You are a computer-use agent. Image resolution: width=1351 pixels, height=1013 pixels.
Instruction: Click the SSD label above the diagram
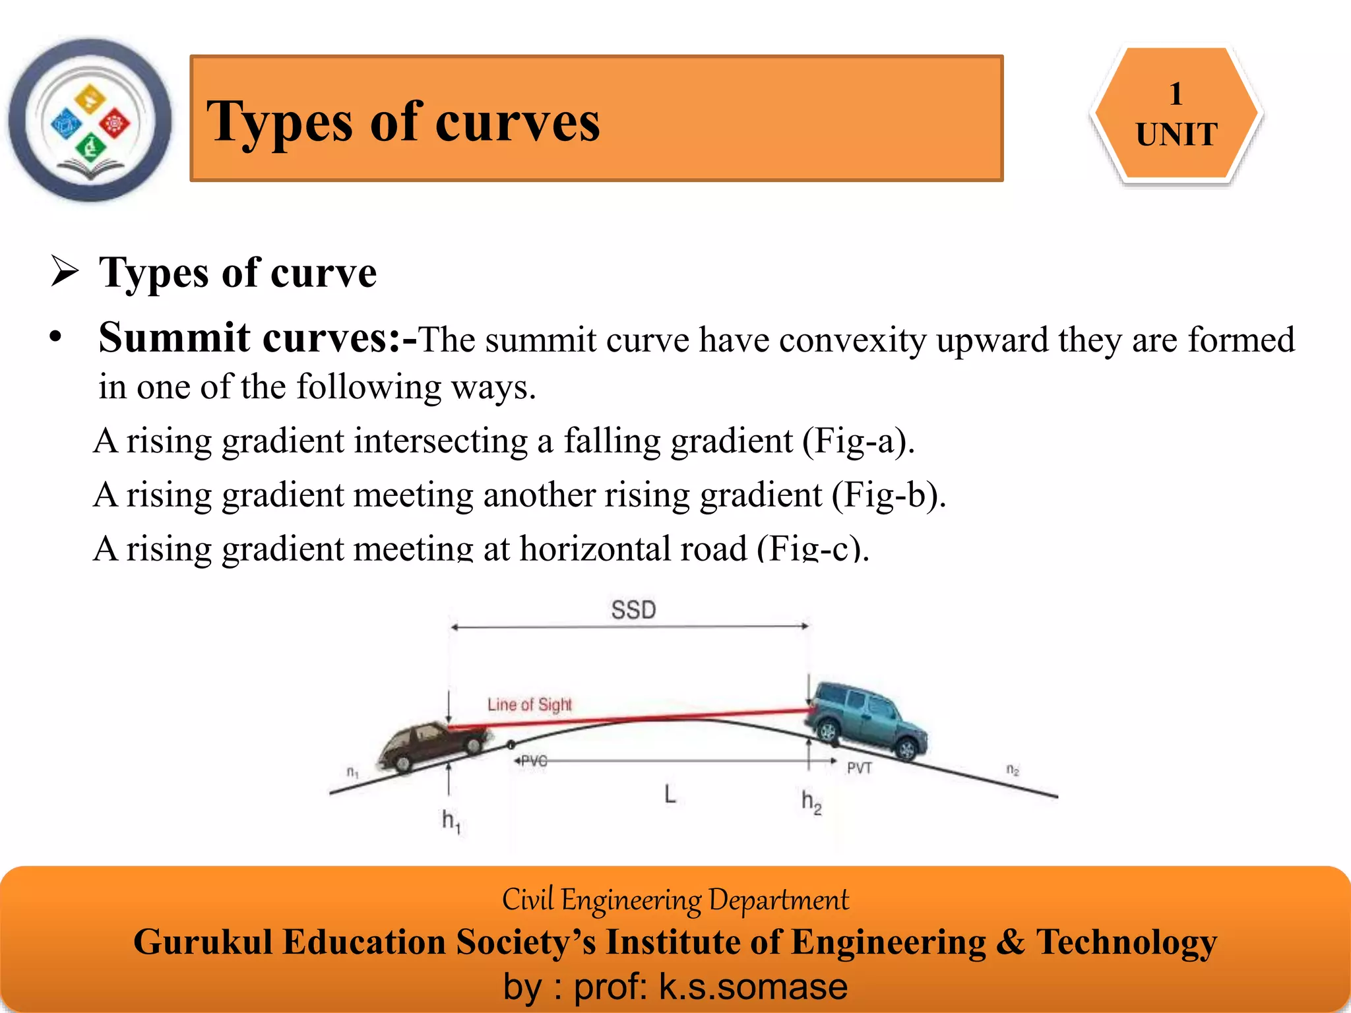[x=633, y=610]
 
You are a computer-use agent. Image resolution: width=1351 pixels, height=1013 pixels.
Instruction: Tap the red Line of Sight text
[x=530, y=704]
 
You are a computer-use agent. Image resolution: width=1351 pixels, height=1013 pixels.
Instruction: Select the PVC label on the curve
[x=533, y=761]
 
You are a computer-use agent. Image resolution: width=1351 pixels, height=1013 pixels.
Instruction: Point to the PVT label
[x=860, y=768]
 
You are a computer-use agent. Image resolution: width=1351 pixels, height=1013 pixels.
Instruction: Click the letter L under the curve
[x=670, y=794]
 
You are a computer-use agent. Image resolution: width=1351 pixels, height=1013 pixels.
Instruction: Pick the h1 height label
[x=451, y=821]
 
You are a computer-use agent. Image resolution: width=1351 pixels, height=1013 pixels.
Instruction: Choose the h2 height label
[x=811, y=802]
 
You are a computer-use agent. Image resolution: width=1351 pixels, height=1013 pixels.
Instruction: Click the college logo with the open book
[x=90, y=120]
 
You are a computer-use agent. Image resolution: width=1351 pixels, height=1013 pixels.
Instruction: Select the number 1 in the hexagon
[x=1176, y=94]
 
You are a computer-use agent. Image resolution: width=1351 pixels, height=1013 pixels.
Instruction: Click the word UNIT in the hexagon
[x=1176, y=135]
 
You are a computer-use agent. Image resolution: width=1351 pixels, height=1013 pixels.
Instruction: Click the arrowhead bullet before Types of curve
[x=65, y=272]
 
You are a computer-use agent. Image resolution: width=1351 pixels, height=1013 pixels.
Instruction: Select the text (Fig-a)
[x=858, y=441]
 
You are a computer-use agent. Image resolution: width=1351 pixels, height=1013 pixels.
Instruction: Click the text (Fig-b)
[x=889, y=495]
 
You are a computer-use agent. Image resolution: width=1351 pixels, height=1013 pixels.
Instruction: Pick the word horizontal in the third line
[x=633, y=549]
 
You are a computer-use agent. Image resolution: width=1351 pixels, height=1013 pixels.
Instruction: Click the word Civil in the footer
[x=528, y=900]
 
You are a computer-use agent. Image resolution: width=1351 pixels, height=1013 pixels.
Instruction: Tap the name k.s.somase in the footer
[x=753, y=987]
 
